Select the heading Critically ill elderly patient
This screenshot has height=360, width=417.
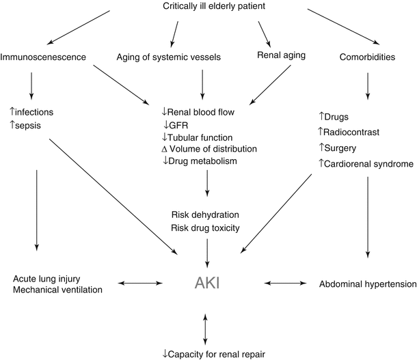click(x=213, y=7)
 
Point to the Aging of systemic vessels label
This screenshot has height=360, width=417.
click(x=168, y=57)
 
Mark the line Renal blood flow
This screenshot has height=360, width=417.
click(x=206, y=111)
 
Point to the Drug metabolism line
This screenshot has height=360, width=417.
click(x=204, y=161)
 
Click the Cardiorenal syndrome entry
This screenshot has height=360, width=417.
click(x=369, y=163)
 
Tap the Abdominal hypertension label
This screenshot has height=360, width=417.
click(x=367, y=283)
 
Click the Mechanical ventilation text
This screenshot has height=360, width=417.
click(x=57, y=290)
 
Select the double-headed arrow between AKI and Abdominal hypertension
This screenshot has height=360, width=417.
click(x=284, y=282)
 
